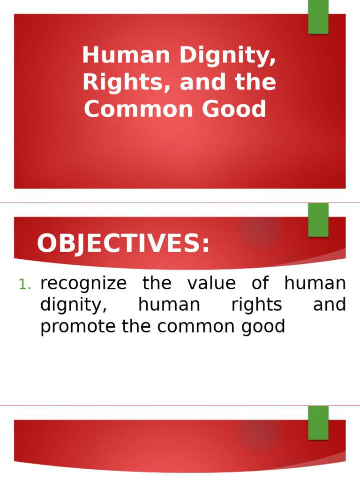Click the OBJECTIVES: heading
123,244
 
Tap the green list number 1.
24,285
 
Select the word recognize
83,284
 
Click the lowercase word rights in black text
257,306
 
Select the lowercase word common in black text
190,327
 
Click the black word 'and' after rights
329,305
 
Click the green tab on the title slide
318,17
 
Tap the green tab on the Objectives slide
318,219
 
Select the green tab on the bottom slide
318,422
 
